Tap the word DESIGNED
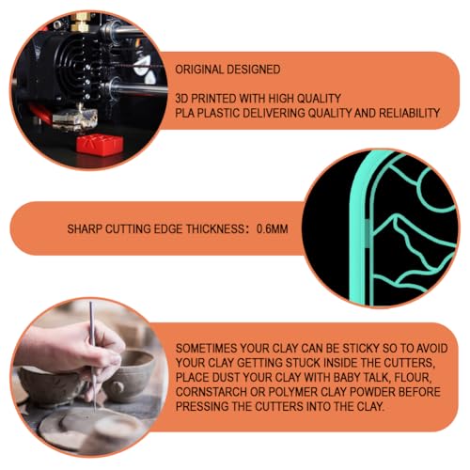(254, 70)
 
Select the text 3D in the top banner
(181, 99)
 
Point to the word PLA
(184, 113)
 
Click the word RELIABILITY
(410, 113)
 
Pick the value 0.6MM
(272, 229)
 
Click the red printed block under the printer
(100, 144)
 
